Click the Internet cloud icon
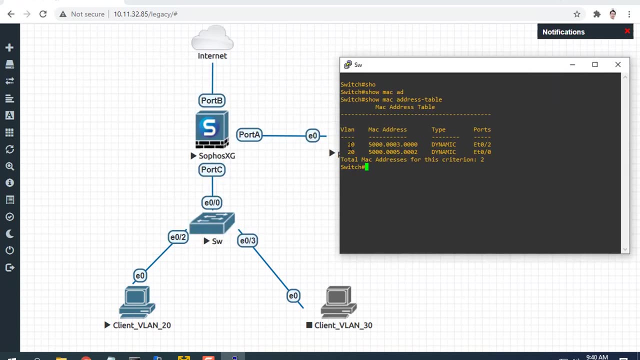[212, 39]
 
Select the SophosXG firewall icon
[212, 130]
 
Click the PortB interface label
[211, 100]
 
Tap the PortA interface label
[249, 135]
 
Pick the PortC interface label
[211, 170]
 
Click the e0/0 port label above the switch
[212, 202]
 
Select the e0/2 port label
[178, 237]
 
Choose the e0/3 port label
[247, 240]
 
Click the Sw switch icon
[212, 223]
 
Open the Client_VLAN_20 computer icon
[136, 302]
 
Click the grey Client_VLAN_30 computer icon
[338, 302]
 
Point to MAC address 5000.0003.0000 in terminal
[392, 144]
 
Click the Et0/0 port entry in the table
[482, 152]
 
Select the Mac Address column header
[387, 129]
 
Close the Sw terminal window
[618, 64]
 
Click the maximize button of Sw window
[595, 64]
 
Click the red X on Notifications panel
[627, 31]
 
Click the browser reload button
[43, 14]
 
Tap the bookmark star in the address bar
[577, 14]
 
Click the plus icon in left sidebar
[9, 47]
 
